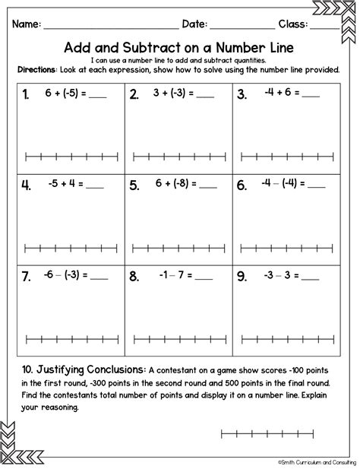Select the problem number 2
click(x=134, y=95)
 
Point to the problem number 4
click(x=26, y=185)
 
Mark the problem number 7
click(x=26, y=277)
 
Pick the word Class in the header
click(x=293, y=24)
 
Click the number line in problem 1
click(x=71, y=158)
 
